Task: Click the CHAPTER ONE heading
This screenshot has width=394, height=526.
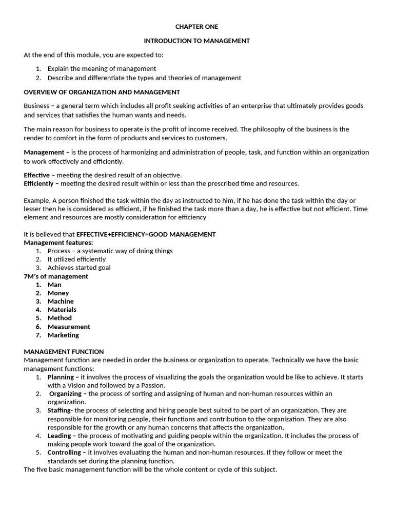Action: coord(196,27)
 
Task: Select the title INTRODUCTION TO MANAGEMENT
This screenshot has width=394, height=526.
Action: coord(196,41)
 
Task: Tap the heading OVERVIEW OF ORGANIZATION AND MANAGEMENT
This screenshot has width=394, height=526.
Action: coord(102,92)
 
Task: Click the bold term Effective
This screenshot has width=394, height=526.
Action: coord(37,175)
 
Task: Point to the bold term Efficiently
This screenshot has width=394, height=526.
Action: coord(39,183)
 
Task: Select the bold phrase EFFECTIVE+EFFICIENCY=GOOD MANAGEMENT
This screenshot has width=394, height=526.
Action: coord(146,234)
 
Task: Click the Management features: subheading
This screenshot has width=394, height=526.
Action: coord(58,242)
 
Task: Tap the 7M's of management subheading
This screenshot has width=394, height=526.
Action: coord(56,276)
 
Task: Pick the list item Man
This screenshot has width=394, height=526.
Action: coord(54,285)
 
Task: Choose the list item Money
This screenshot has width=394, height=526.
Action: coord(58,293)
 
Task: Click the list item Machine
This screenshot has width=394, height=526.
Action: coord(61,302)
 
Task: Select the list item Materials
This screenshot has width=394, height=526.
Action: coord(62,310)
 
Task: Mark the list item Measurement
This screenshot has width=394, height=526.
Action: coord(69,327)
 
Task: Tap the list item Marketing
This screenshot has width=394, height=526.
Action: coord(63,335)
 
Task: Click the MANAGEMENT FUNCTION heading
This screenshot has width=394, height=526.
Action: coord(64,352)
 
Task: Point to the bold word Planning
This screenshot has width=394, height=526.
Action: coord(61,377)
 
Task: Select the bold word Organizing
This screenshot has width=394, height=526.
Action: coord(65,393)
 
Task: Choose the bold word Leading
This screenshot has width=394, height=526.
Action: coord(60,436)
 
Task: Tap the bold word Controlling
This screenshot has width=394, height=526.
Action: coord(64,453)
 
